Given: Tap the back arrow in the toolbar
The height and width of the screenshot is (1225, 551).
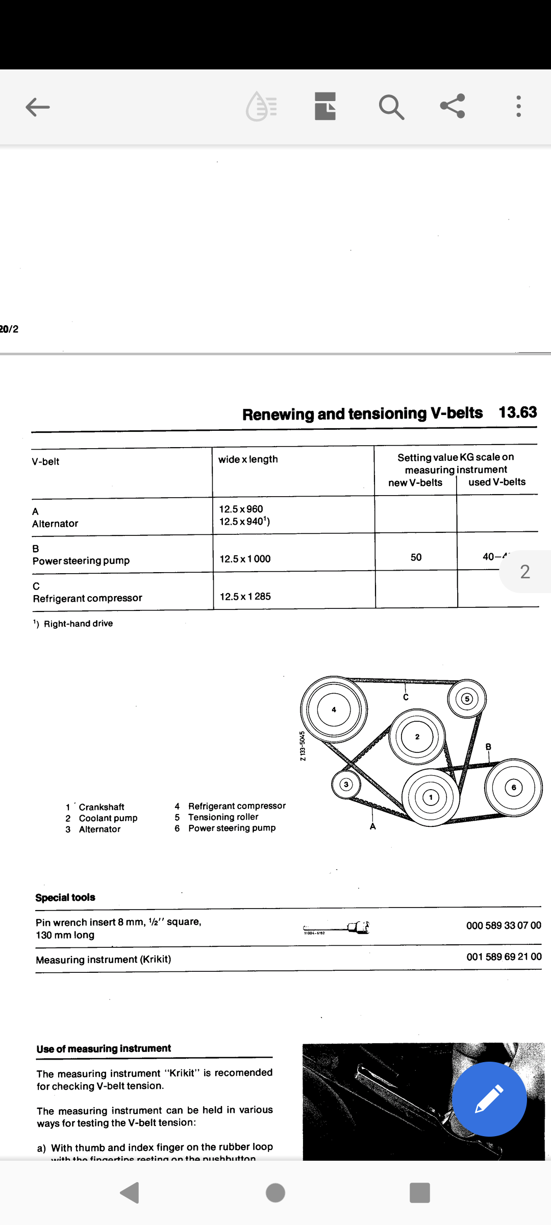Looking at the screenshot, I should point(38,107).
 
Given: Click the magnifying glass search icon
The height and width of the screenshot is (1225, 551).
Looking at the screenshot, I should point(391,107).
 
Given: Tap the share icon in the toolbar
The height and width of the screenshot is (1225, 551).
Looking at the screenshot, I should point(453,106).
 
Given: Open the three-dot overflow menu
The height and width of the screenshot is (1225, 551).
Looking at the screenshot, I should point(518,106).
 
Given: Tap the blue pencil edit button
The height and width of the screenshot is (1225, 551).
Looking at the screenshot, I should point(489,1098).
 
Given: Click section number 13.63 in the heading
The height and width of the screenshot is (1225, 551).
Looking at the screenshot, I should point(517,412).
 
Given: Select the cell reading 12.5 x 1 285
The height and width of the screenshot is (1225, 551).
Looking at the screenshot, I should point(245,596).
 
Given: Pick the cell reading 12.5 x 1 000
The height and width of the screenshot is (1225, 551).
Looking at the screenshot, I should point(245,559).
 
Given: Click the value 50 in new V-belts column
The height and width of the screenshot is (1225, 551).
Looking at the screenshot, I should point(416,557).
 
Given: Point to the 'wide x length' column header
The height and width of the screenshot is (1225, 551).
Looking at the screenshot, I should point(248,459).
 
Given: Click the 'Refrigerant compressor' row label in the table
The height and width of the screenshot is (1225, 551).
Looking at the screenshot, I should point(87,598).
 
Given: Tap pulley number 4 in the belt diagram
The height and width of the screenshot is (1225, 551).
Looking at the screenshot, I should point(334,709).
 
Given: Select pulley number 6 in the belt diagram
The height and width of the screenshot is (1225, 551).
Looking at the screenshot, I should point(513,788).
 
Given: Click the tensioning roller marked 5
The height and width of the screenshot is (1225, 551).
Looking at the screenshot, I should point(467,699).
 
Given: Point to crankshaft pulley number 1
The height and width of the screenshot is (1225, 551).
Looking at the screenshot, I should point(431,797).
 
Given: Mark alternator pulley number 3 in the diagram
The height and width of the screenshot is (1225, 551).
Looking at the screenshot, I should point(346,785).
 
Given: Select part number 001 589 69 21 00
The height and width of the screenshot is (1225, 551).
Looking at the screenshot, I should point(504,957).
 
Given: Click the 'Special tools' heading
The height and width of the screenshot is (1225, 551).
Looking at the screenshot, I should point(65,897).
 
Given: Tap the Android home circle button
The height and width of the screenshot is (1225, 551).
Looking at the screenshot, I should point(275,1193).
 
